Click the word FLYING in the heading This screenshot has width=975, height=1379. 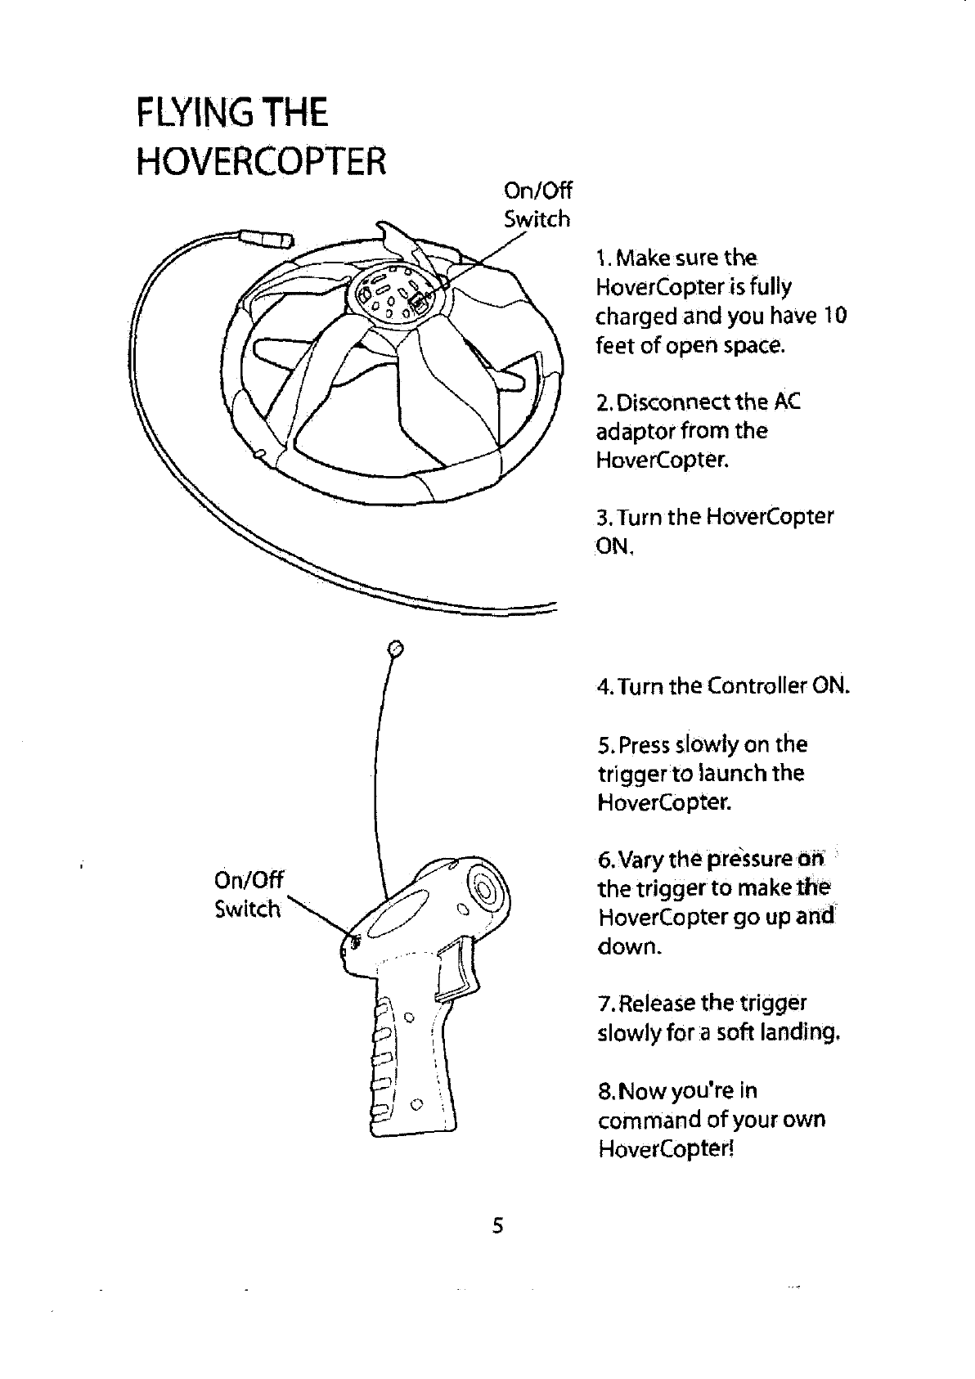point(193,112)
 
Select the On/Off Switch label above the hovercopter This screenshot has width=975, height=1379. point(537,205)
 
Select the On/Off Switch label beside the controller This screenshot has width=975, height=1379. point(248,894)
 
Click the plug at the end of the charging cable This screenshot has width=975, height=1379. point(264,240)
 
